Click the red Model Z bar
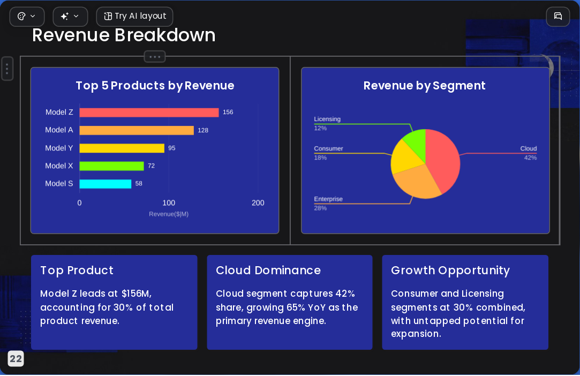click(149, 112)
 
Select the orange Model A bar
click(137, 130)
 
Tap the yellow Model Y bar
click(122, 148)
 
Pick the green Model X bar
click(112, 166)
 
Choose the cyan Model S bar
click(106, 184)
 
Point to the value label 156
click(228, 112)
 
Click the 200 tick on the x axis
click(258, 203)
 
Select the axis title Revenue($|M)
click(169, 214)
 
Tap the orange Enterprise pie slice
click(416, 182)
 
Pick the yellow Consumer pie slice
click(405, 157)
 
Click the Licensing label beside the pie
click(327, 119)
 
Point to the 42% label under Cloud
click(530, 157)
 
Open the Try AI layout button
click(134, 16)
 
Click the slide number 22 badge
click(16, 359)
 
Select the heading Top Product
click(77, 270)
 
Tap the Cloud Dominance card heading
click(268, 270)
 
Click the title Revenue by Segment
click(424, 86)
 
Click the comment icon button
click(558, 16)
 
